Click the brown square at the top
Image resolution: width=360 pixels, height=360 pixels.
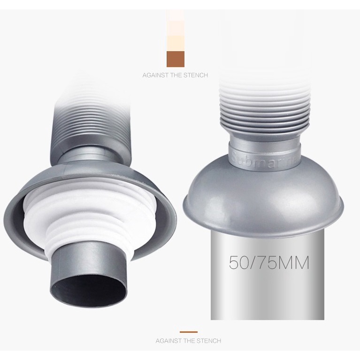point(176,59)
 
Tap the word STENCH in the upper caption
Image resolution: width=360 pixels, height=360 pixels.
point(196,75)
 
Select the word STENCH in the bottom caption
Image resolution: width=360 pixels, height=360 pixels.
point(209,340)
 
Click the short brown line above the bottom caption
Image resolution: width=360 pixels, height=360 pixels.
point(189,332)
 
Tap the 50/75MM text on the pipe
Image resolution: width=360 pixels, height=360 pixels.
point(269,262)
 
